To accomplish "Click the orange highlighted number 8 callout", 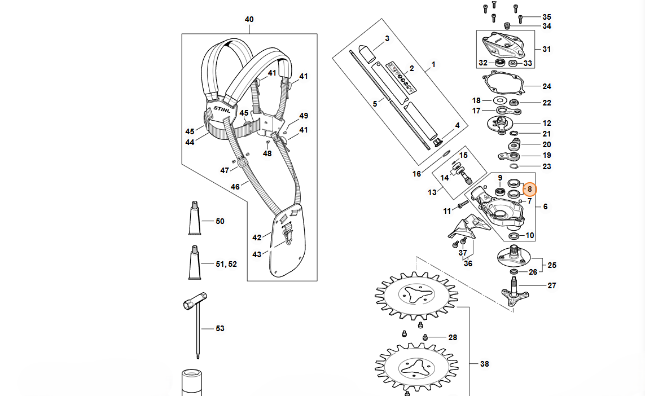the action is click(x=529, y=189).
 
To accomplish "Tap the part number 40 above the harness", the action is click(x=249, y=19).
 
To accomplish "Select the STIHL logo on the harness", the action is click(x=222, y=110).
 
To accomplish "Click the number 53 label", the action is click(x=220, y=328).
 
